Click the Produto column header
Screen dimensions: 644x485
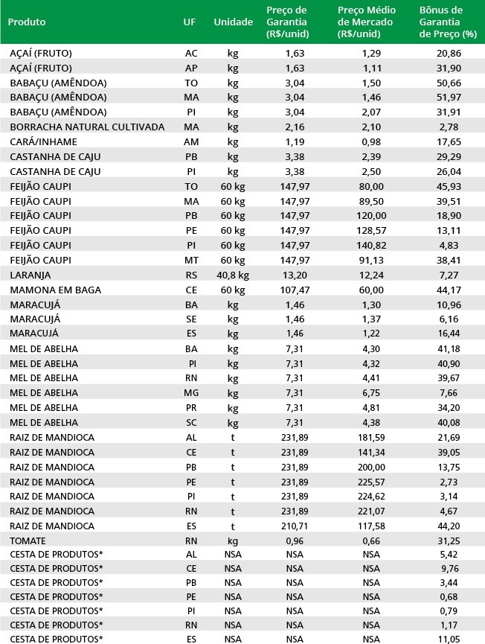(x=27, y=22)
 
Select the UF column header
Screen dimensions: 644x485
(x=190, y=22)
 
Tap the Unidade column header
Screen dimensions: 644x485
(x=233, y=22)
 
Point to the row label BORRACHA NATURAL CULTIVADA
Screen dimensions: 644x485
(x=87, y=127)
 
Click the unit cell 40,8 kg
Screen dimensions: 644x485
(x=233, y=275)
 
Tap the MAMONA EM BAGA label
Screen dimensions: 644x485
(x=55, y=290)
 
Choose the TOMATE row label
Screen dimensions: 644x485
(x=28, y=541)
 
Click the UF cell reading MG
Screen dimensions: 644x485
(x=191, y=393)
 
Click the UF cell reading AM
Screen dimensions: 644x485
(x=191, y=142)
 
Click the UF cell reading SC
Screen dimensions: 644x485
(x=191, y=422)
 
